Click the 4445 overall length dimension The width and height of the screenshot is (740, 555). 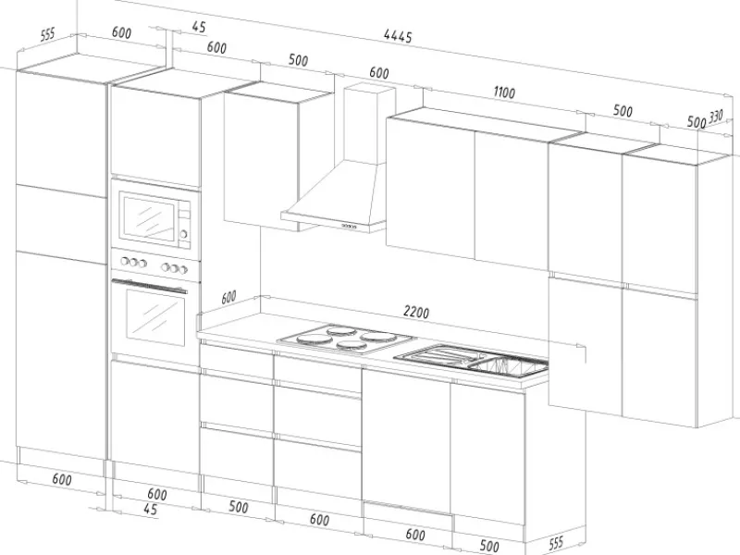point(398,36)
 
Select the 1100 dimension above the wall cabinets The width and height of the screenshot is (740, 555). point(504,92)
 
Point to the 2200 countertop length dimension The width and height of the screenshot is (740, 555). point(416,312)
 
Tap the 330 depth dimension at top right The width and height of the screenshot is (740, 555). point(716,116)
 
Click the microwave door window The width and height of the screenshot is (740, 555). point(149,218)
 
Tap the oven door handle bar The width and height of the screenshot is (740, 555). point(150,286)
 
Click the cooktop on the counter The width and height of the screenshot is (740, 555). point(347,339)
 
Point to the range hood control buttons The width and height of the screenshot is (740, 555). point(350,226)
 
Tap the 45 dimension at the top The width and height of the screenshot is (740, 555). point(199,28)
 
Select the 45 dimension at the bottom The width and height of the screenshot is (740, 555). point(150,510)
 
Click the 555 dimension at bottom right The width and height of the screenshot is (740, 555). point(556,543)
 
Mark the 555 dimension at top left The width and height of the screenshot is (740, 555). point(48,34)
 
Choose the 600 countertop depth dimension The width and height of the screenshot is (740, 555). point(228,297)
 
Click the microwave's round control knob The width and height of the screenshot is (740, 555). point(183,234)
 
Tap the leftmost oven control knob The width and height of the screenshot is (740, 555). point(126,261)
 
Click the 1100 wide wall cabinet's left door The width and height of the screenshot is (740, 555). point(430,188)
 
